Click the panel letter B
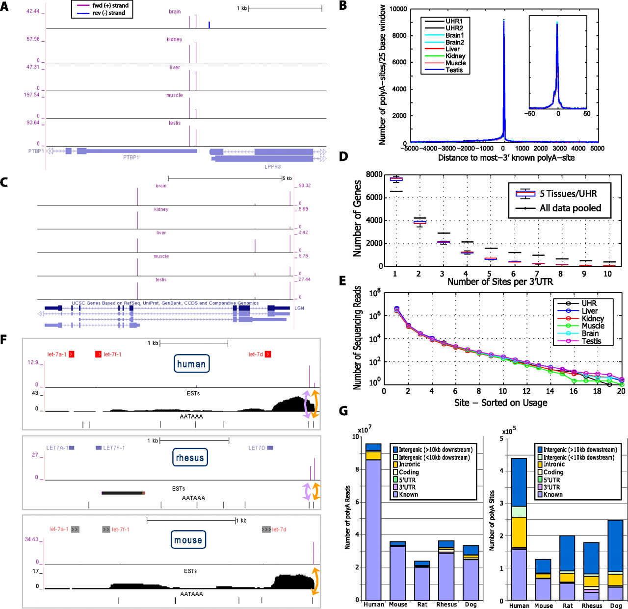[343, 6]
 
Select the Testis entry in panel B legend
[454, 70]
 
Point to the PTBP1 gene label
[131, 158]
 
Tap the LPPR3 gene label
[272, 167]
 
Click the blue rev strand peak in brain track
[209, 25]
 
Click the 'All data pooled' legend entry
[570, 208]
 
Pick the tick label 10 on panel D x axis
[607, 274]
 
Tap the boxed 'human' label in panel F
[191, 364]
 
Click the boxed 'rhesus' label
[190, 458]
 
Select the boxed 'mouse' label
[188, 540]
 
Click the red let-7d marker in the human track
[268, 354]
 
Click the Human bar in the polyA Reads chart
[373, 530]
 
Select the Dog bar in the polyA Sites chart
[616, 564]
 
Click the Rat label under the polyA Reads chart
[422, 605]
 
